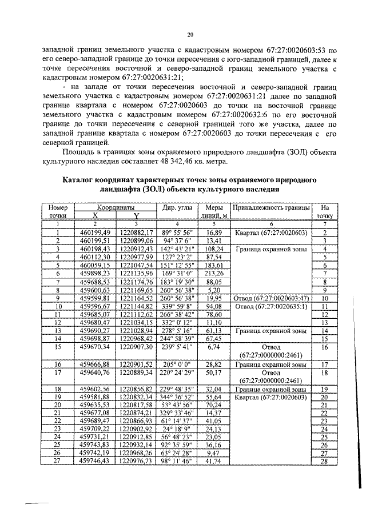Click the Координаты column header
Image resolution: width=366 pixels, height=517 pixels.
tap(116, 207)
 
